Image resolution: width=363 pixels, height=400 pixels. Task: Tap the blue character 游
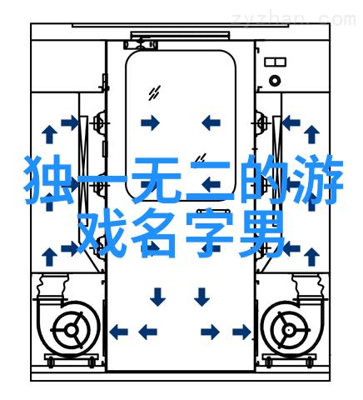point(317,180)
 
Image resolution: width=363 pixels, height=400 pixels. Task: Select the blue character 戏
point(101,234)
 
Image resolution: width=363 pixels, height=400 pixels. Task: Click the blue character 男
point(261,234)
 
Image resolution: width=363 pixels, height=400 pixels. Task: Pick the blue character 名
point(154,234)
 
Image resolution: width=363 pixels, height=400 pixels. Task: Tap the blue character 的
point(263,180)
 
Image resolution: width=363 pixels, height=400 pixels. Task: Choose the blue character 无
point(155,180)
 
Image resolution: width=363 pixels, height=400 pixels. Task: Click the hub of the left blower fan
point(72,331)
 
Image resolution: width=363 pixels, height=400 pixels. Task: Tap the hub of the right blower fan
point(289,331)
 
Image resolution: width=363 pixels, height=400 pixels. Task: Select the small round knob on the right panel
point(275,81)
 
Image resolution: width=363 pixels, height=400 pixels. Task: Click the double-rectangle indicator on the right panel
point(275,62)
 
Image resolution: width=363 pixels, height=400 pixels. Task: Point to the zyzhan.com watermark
point(294,20)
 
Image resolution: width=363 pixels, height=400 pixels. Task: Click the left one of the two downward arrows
point(157,297)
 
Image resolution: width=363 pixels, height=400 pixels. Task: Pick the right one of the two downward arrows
point(201,297)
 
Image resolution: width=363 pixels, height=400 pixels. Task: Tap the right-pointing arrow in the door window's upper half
point(150,122)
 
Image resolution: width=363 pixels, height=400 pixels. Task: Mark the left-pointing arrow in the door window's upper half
point(211,122)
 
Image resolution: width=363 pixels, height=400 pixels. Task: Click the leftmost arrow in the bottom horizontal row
point(119,332)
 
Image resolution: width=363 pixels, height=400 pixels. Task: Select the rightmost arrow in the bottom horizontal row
point(241,332)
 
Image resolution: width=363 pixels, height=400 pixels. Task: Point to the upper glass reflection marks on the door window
point(154,93)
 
